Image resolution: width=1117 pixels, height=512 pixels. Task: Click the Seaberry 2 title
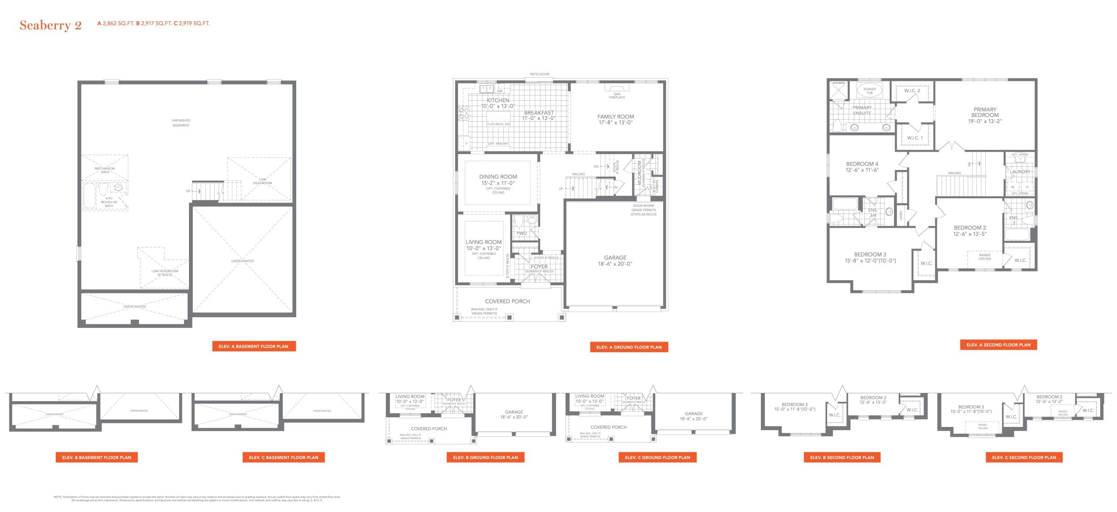click(51, 25)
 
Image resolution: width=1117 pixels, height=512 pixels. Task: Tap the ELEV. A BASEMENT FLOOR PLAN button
click(254, 346)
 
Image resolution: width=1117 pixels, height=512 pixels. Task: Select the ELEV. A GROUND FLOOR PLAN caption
click(629, 347)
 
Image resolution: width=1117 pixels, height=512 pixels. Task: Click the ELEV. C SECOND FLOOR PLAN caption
click(1024, 457)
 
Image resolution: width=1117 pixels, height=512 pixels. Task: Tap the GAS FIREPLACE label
click(617, 96)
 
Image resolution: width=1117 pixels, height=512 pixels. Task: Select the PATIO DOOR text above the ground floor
click(539, 74)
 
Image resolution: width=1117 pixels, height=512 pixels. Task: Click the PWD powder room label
click(521, 233)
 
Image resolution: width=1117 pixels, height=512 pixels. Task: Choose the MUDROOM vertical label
click(640, 172)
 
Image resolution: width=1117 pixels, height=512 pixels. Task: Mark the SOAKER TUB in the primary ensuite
click(869, 91)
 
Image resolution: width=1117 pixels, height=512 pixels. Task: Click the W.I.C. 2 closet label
click(912, 91)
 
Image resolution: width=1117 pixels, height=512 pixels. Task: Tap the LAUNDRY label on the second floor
click(1020, 172)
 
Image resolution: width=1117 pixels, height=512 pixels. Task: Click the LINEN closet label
click(901, 215)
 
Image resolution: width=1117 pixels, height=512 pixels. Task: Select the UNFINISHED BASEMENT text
click(181, 123)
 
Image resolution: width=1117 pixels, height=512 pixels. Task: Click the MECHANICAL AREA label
click(105, 170)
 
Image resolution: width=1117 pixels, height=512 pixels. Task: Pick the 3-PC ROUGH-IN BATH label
click(109, 202)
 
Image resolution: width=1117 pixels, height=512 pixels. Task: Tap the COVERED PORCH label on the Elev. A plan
click(507, 301)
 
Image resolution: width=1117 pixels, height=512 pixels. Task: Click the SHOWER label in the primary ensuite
click(838, 83)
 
